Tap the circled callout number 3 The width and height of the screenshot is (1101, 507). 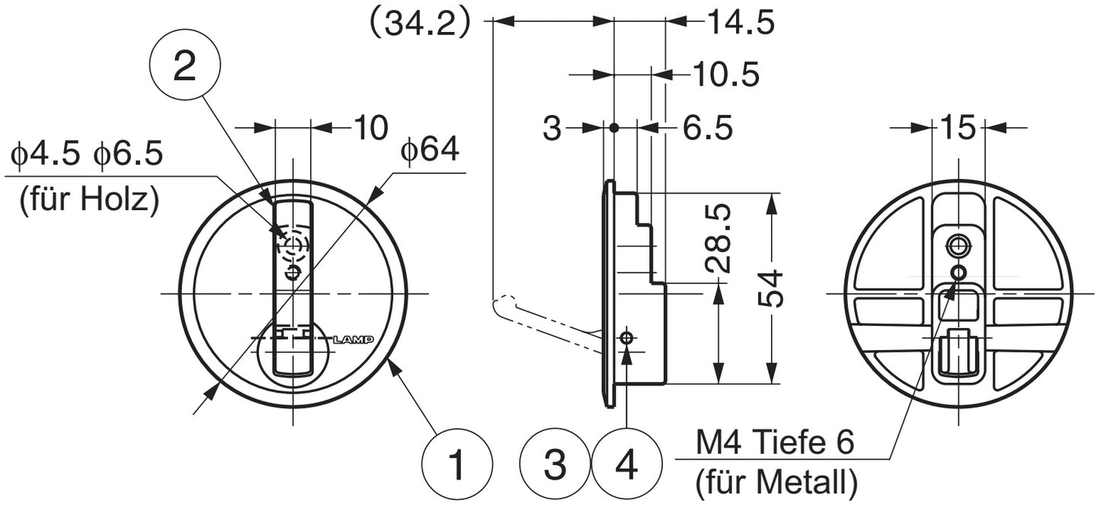pyautogui.click(x=555, y=464)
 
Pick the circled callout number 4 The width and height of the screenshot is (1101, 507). pyautogui.click(x=626, y=464)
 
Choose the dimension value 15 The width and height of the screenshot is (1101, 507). pyautogui.click(x=959, y=127)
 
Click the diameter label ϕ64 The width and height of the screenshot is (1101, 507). pyautogui.click(x=430, y=151)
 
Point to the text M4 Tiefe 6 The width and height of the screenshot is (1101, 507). pyautogui.click(x=775, y=442)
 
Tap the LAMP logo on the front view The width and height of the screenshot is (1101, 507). pyautogui.click(x=354, y=340)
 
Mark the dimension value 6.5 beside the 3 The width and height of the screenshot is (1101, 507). pyautogui.click(x=707, y=129)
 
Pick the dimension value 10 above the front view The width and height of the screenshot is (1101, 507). pyautogui.click(x=370, y=127)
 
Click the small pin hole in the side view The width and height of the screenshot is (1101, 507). pyautogui.click(x=627, y=337)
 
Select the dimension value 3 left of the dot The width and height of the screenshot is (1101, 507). pyautogui.click(x=552, y=129)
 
